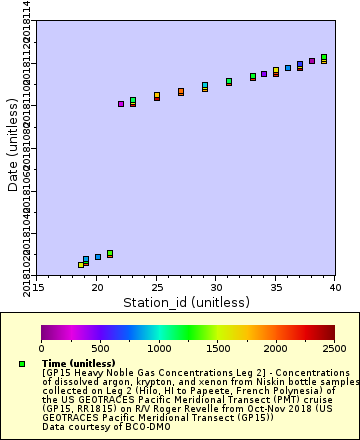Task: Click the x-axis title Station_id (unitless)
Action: (x=185, y=302)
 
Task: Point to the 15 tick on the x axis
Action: (x=37, y=288)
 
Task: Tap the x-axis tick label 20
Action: (x=97, y=288)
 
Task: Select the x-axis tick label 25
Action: (x=156, y=288)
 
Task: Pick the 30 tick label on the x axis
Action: (x=216, y=288)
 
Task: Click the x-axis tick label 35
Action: (x=275, y=288)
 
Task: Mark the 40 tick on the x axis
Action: (x=334, y=288)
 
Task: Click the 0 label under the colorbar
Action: (x=41, y=348)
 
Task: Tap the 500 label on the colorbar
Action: (x=100, y=348)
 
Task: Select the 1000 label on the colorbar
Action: (x=159, y=348)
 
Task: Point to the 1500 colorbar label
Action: (x=217, y=348)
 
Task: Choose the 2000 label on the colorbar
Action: (x=276, y=348)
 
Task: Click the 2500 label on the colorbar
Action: (x=334, y=348)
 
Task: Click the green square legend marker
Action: (x=22, y=363)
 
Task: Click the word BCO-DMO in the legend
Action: (x=119, y=426)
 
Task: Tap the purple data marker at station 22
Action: (x=121, y=104)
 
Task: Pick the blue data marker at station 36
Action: (x=288, y=68)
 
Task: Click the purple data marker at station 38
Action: (x=312, y=61)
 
